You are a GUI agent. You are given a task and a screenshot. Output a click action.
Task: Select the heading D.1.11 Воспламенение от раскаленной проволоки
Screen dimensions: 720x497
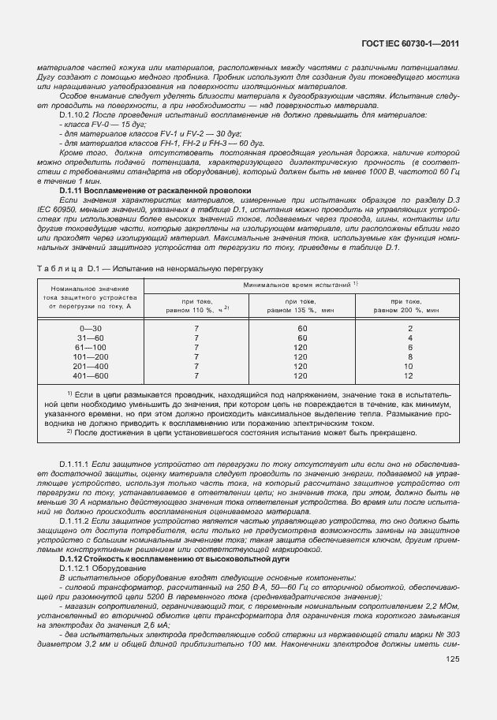click(155, 191)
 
